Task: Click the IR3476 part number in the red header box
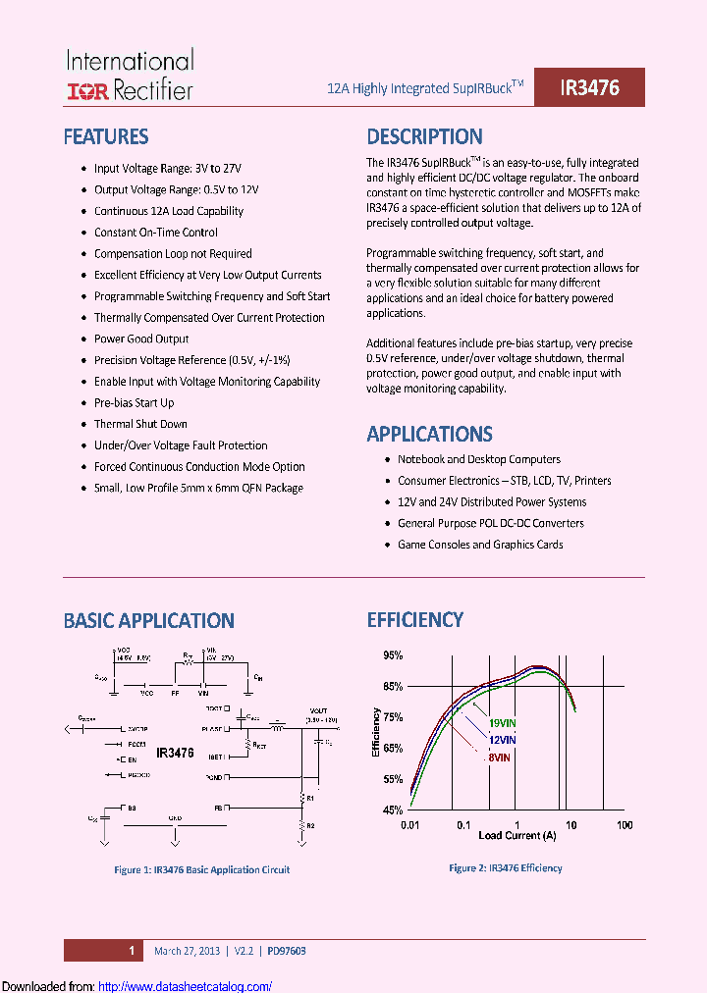point(589,87)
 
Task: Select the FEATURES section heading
point(106,136)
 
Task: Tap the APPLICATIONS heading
point(429,434)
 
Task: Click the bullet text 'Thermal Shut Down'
point(140,424)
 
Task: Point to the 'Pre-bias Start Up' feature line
point(134,402)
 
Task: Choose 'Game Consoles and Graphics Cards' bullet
point(480,545)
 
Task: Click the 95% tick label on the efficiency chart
point(392,654)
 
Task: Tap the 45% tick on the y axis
point(392,810)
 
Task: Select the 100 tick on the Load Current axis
point(624,826)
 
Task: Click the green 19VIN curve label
point(503,723)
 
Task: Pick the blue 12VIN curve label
point(503,740)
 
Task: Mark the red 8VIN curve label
point(500,757)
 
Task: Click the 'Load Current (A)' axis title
point(517,836)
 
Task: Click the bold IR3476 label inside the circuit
point(175,753)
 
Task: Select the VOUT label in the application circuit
point(318,710)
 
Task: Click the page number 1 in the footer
point(131,950)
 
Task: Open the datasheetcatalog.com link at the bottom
point(187,985)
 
